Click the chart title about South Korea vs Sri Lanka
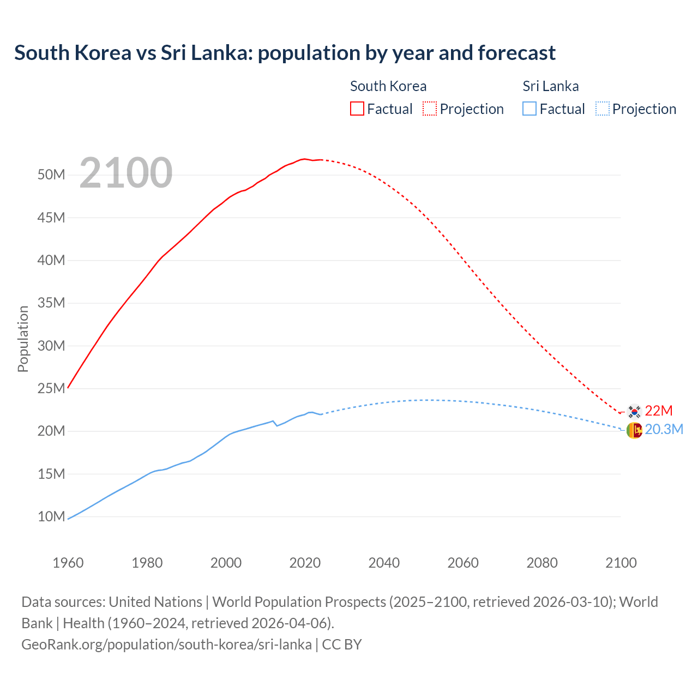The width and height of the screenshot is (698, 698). click(285, 53)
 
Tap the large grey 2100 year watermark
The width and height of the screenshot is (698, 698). click(126, 173)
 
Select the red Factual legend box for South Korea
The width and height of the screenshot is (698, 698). click(357, 109)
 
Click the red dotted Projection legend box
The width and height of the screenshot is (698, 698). click(430, 109)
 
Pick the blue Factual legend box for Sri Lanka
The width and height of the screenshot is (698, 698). click(529, 109)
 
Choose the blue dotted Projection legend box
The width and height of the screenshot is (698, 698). click(602, 109)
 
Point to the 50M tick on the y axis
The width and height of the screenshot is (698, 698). click(51, 175)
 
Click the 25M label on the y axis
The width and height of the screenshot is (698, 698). click(51, 388)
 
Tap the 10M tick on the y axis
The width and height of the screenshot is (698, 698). click(51, 516)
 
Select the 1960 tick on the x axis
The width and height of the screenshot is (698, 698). click(68, 563)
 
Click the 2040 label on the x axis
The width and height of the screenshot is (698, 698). click(384, 563)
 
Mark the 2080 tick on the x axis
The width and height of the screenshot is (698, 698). click(542, 563)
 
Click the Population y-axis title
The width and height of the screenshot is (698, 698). click(23, 339)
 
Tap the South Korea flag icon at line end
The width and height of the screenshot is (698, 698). click(634, 411)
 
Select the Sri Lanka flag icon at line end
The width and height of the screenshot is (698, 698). click(634, 430)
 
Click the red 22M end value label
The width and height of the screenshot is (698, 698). click(659, 411)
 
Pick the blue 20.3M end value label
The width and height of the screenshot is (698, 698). click(664, 430)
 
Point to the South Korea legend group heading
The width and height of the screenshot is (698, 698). click(388, 86)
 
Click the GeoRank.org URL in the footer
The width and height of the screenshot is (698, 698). click(166, 644)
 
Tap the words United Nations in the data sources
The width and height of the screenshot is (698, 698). click(155, 602)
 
